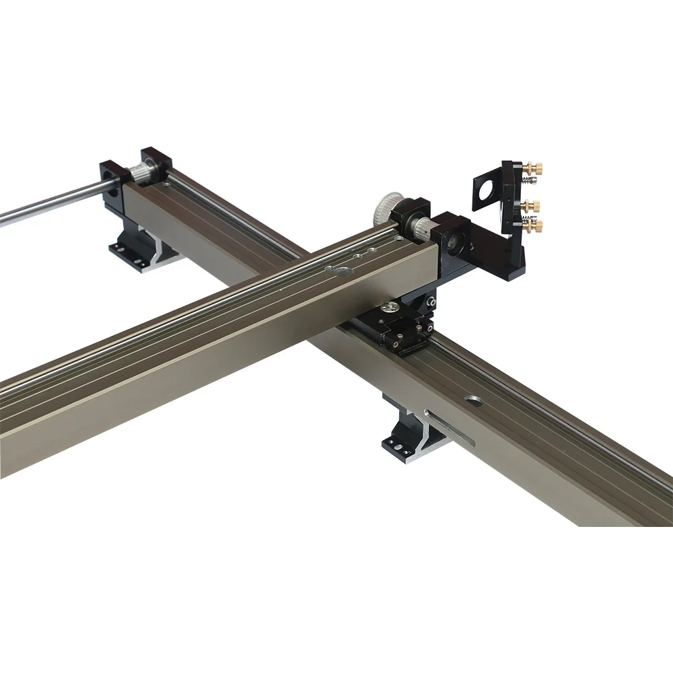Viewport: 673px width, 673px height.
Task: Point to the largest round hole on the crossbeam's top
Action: click(x=342, y=273)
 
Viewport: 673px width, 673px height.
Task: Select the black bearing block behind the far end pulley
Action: click(x=157, y=162)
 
